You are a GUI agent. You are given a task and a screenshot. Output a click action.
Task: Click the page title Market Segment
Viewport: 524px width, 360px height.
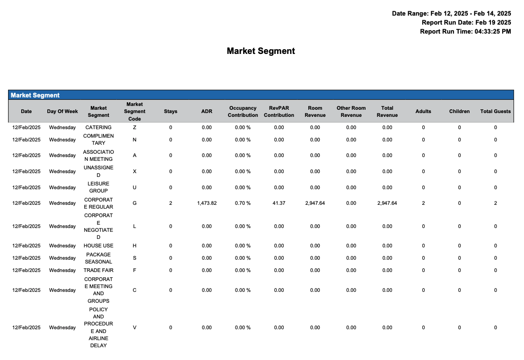click(261, 51)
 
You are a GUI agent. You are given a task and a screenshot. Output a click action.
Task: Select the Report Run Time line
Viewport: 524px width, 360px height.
click(465, 32)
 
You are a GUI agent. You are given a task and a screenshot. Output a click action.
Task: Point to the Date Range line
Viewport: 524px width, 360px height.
click(451, 14)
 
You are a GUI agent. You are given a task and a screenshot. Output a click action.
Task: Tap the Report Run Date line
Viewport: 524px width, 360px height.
click(466, 23)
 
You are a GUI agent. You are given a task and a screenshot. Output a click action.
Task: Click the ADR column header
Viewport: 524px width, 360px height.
click(207, 112)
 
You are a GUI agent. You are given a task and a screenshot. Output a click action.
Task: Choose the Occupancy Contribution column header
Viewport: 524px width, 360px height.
click(243, 112)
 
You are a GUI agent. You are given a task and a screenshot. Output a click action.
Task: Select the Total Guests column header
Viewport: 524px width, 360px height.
click(495, 112)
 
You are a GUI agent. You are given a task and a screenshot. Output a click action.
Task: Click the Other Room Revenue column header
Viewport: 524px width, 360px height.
click(351, 112)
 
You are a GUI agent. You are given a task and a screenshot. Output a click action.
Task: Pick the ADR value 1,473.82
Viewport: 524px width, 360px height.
click(207, 203)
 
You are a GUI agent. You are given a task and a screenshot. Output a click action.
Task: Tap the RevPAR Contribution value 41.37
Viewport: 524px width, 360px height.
click(279, 203)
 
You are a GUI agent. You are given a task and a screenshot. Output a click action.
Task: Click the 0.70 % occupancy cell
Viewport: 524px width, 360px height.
click(243, 203)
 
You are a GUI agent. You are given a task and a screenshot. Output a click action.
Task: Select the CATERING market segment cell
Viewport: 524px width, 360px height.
click(98, 128)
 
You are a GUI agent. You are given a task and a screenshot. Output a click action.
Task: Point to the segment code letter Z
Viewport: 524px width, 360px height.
click(135, 128)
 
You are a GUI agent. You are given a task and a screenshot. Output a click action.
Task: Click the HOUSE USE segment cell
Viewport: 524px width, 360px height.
click(98, 246)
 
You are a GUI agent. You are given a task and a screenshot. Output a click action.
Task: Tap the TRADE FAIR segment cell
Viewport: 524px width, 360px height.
click(98, 271)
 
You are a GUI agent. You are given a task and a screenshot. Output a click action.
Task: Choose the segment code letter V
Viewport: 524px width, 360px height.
click(135, 328)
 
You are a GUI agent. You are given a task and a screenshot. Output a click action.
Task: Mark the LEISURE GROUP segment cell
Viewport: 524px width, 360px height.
click(98, 187)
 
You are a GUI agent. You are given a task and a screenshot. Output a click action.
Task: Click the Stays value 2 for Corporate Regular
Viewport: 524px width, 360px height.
click(171, 203)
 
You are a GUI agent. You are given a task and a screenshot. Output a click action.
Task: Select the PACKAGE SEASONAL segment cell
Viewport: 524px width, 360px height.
click(98, 258)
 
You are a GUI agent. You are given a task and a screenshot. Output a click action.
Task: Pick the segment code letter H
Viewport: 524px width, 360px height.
click(135, 246)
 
